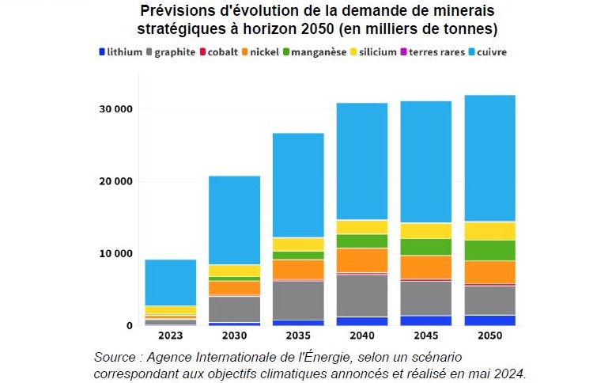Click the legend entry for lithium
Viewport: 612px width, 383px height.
[x=119, y=52]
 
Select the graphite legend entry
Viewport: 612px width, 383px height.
[x=170, y=52]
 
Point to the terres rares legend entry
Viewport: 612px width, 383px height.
[x=434, y=52]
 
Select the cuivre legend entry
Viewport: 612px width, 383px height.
[x=490, y=52]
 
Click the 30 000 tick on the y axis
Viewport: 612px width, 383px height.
[x=115, y=108]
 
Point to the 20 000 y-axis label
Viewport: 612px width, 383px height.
[x=115, y=181]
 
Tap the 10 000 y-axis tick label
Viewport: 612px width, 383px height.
[x=115, y=254]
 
